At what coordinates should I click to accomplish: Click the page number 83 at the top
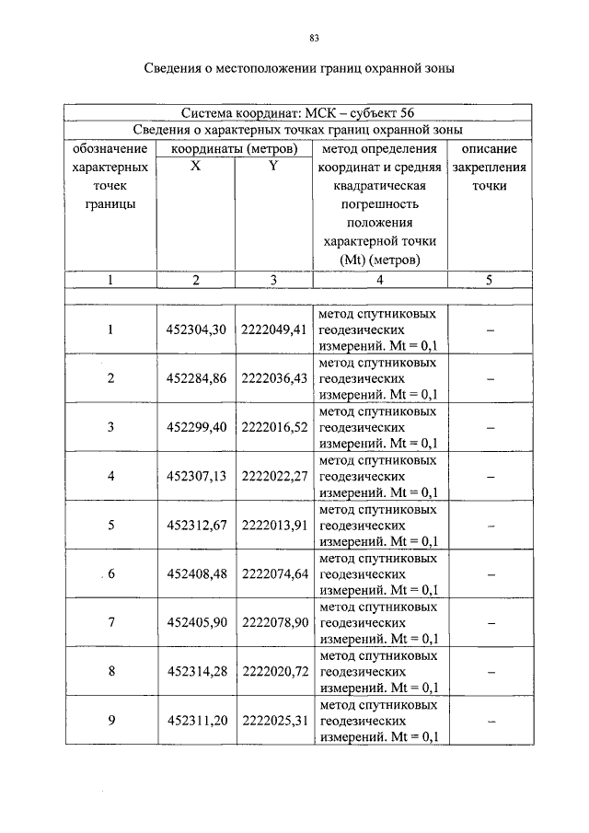tap(314, 38)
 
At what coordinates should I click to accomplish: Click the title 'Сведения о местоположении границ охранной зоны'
tap(300, 69)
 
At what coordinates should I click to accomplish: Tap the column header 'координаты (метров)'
tap(235, 148)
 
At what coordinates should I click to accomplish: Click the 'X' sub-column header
tap(195, 167)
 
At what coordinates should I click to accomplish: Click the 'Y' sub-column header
tap(272, 167)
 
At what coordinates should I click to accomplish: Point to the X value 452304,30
tap(195, 330)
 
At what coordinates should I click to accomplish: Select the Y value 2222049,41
tap(273, 330)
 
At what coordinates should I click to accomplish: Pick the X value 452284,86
tap(195, 378)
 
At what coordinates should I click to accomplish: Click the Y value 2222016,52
tap(273, 427)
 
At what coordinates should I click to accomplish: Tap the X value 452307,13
tap(195, 476)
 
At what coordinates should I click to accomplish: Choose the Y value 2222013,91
tap(273, 525)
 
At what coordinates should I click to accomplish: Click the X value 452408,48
tap(195, 573)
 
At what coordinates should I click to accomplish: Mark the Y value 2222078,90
tap(273, 622)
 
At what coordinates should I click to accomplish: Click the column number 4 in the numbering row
tap(379, 280)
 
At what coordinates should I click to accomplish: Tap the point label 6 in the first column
tap(111, 573)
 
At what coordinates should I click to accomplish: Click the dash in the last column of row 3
tap(491, 428)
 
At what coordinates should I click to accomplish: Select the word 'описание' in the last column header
tap(490, 148)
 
